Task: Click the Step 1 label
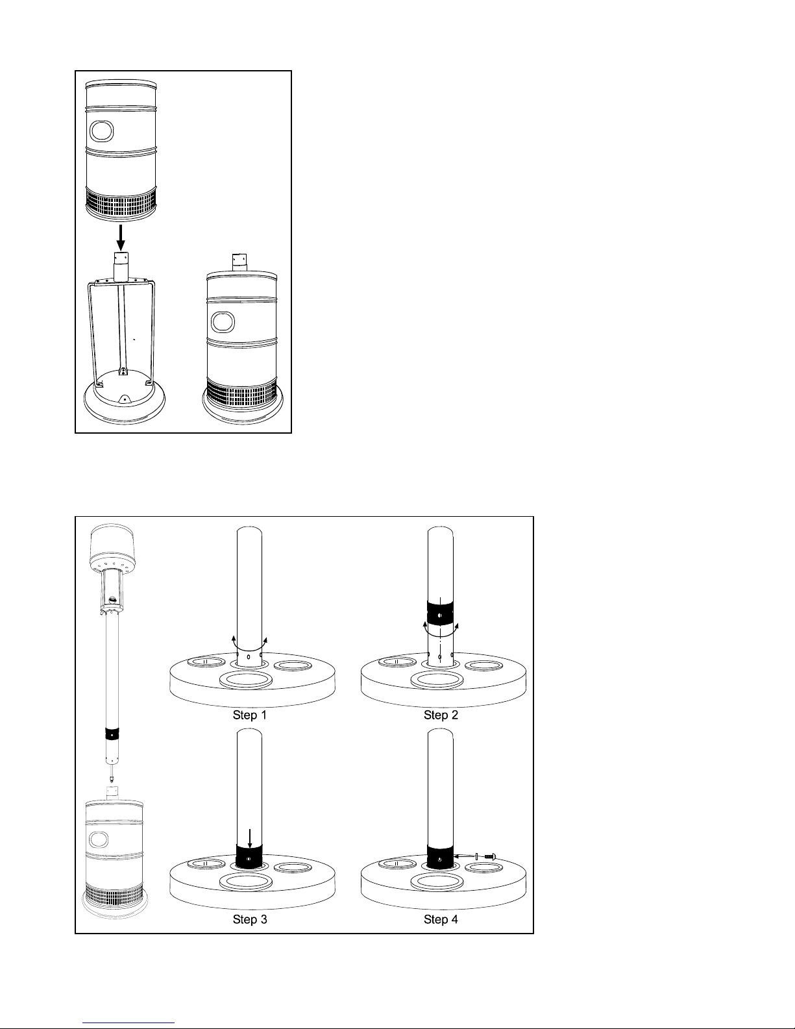coord(249,715)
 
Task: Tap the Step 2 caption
coord(441,715)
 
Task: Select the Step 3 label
coord(249,919)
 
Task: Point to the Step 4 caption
coord(441,919)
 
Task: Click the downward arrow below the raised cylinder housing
coord(121,238)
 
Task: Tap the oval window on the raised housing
coord(102,131)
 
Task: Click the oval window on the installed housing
coord(223,322)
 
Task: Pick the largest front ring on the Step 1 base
coord(246,680)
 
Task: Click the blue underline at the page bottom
coord(128,1023)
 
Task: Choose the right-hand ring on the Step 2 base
coord(483,665)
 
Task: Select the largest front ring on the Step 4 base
coord(437,882)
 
